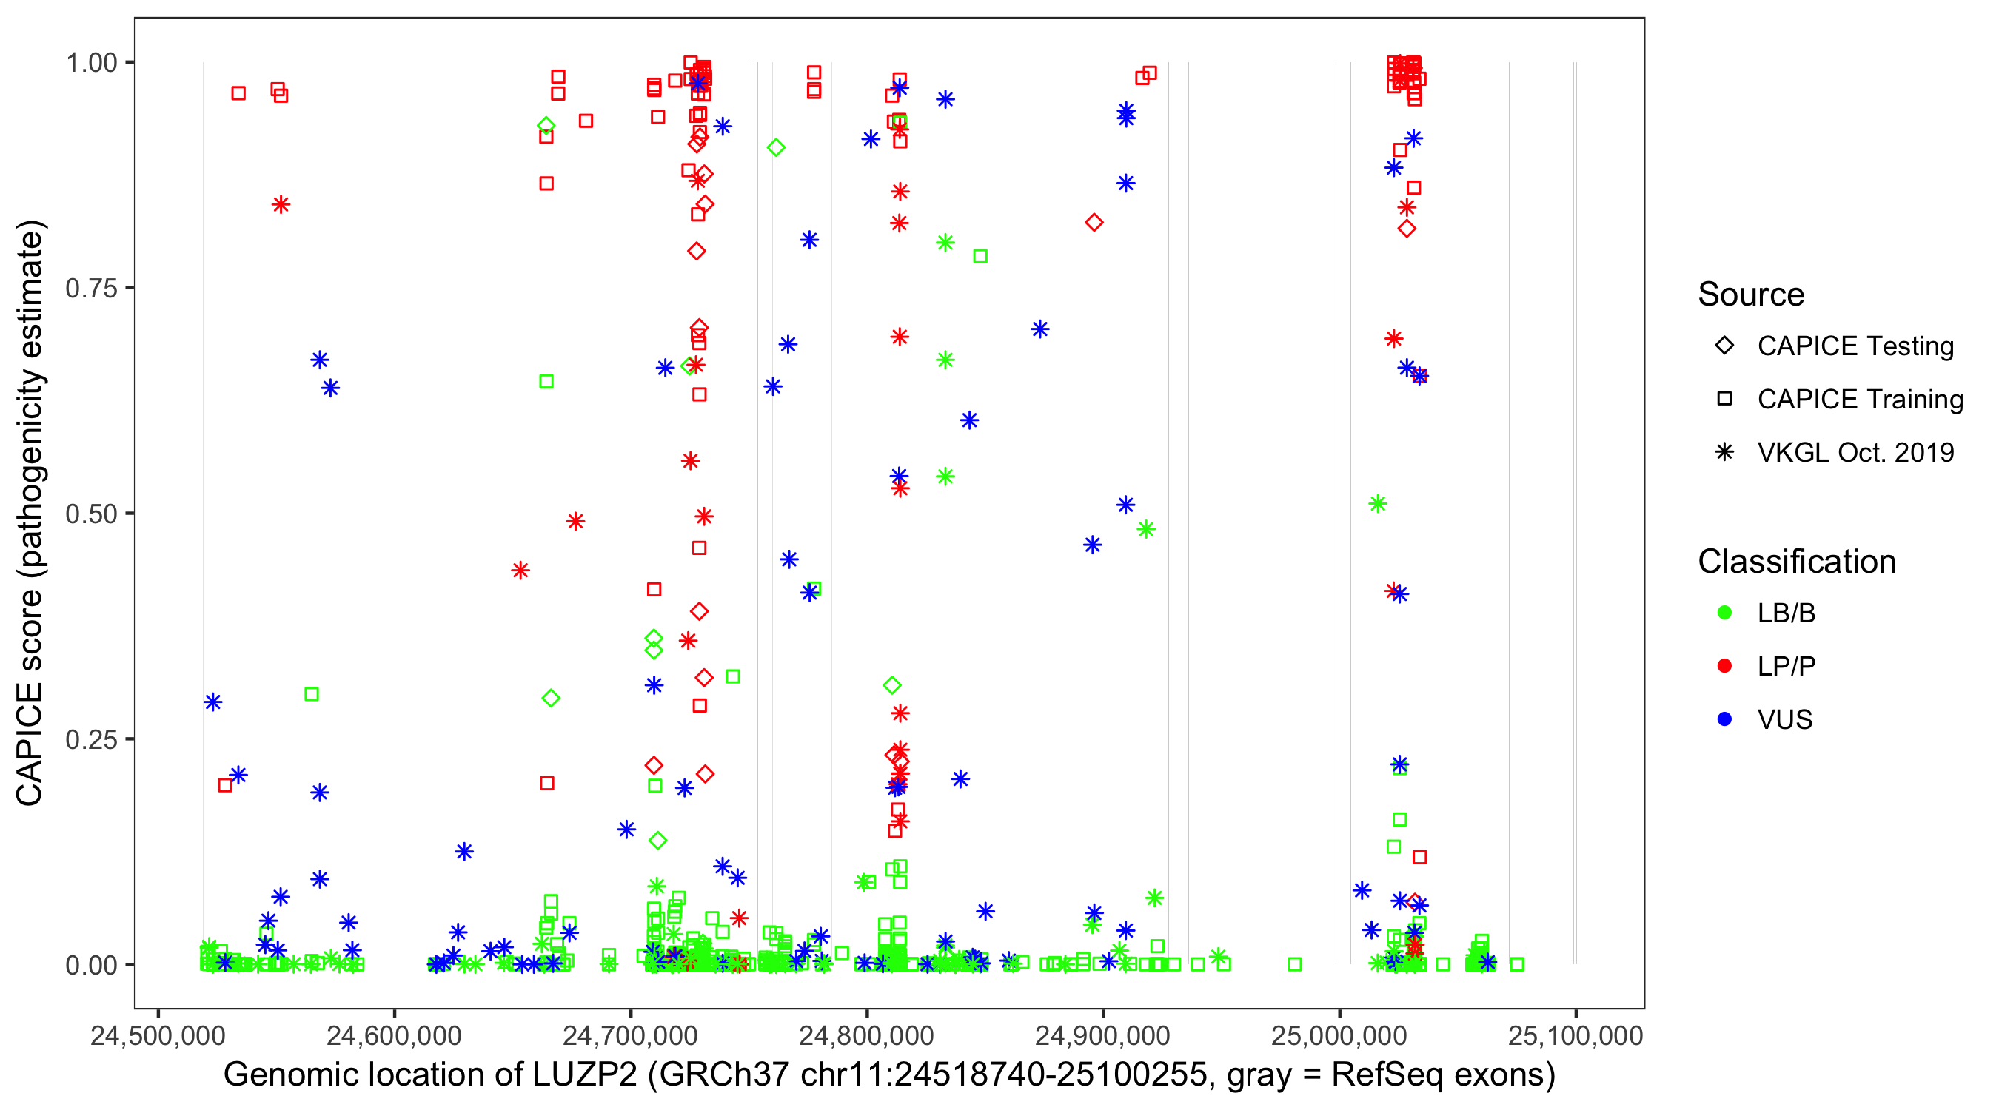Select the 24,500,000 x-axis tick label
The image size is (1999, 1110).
(x=158, y=1035)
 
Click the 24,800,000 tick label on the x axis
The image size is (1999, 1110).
(x=866, y=1035)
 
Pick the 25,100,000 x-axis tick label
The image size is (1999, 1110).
(x=1576, y=1035)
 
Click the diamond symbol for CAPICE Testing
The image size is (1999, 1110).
(x=1724, y=346)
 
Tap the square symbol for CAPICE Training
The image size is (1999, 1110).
(x=1724, y=399)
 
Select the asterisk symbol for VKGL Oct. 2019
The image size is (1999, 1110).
(x=1724, y=452)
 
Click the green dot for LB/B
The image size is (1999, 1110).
(x=1724, y=613)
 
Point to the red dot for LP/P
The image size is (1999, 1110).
(x=1724, y=666)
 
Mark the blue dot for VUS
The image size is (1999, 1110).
(x=1724, y=719)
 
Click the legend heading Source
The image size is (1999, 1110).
(x=1751, y=295)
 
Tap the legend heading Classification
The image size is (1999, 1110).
(x=1796, y=562)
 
